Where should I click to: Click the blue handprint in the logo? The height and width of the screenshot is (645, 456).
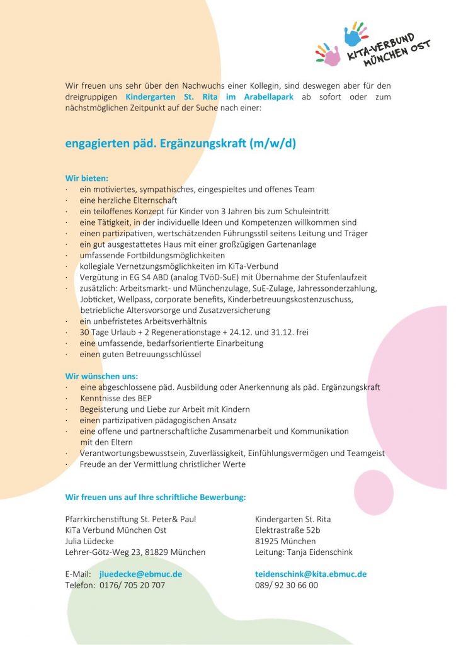pyautogui.click(x=354, y=35)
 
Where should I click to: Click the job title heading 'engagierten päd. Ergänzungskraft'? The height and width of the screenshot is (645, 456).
pyautogui.click(x=180, y=143)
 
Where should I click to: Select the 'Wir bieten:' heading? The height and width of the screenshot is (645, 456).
pyautogui.click(x=87, y=178)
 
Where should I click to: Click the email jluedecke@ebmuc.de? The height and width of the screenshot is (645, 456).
pyautogui.click(x=140, y=574)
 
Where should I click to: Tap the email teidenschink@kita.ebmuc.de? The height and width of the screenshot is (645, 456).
pyautogui.click(x=311, y=574)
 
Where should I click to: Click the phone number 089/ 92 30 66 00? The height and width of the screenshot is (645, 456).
pyautogui.click(x=286, y=585)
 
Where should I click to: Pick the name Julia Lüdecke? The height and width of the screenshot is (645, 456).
pyautogui.click(x=89, y=541)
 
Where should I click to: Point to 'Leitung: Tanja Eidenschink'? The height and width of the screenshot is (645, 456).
pyautogui.click(x=304, y=552)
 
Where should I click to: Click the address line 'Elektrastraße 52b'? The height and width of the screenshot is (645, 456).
pyautogui.click(x=288, y=530)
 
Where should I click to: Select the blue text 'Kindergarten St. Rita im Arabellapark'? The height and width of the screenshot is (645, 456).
pyautogui.click(x=209, y=97)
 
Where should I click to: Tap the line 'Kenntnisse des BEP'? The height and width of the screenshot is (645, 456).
pyautogui.click(x=116, y=398)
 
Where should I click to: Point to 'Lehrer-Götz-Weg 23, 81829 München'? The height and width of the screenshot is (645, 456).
pyautogui.click(x=135, y=552)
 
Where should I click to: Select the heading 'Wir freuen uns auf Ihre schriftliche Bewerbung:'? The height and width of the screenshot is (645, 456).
pyautogui.click(x=155, y=497)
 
